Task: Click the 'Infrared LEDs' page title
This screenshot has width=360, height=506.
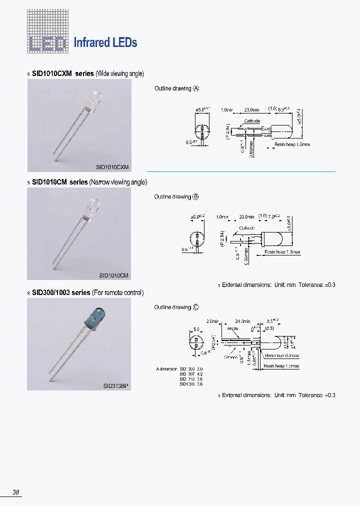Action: click(105, 42)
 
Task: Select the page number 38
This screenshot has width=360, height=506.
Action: click(16, 492)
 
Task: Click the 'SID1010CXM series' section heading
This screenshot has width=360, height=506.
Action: click(62, 73)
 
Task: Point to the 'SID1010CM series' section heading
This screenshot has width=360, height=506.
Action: click(59, 182)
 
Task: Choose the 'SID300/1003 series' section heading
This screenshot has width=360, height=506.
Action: click(61, 292)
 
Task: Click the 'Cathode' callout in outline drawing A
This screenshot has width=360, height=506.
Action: click(252, 121)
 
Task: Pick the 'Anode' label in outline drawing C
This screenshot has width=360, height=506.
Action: click(233, 328)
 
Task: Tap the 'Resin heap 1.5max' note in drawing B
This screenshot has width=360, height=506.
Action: click(282, 252)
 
